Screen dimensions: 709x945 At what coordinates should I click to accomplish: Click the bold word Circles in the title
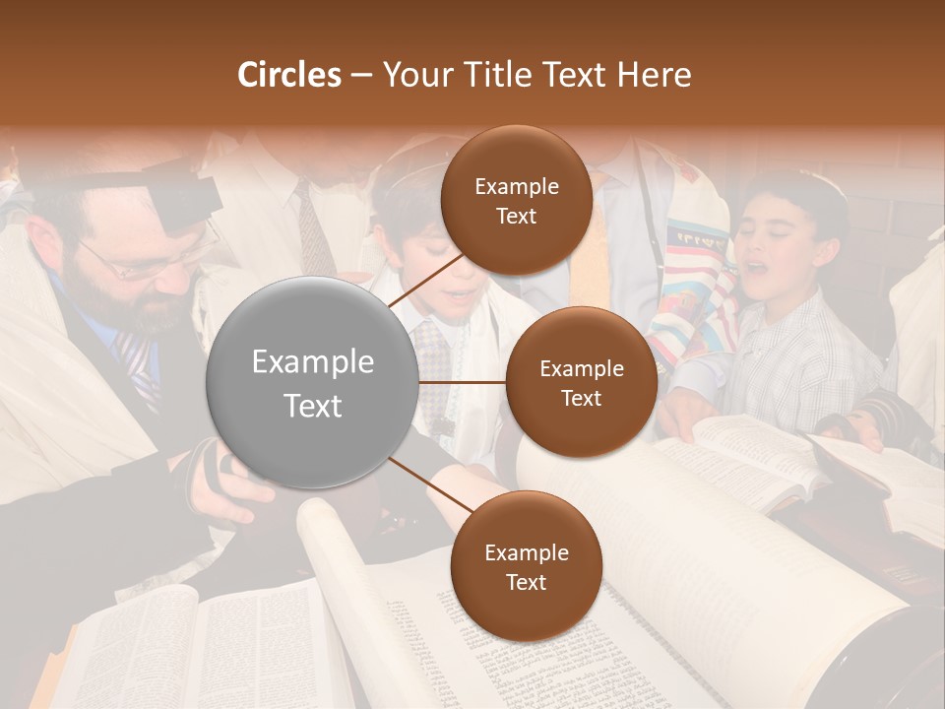[289, 75]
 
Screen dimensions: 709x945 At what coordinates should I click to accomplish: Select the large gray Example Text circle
[313, 383]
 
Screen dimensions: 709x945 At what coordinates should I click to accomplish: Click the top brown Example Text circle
[516, 200]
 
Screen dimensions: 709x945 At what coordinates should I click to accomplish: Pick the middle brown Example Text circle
[581, 383]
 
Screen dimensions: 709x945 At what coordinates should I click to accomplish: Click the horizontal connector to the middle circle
[463, 382]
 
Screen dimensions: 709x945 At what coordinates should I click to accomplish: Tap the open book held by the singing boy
[748, 453]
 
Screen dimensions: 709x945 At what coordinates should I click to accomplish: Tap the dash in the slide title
[361, 75]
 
